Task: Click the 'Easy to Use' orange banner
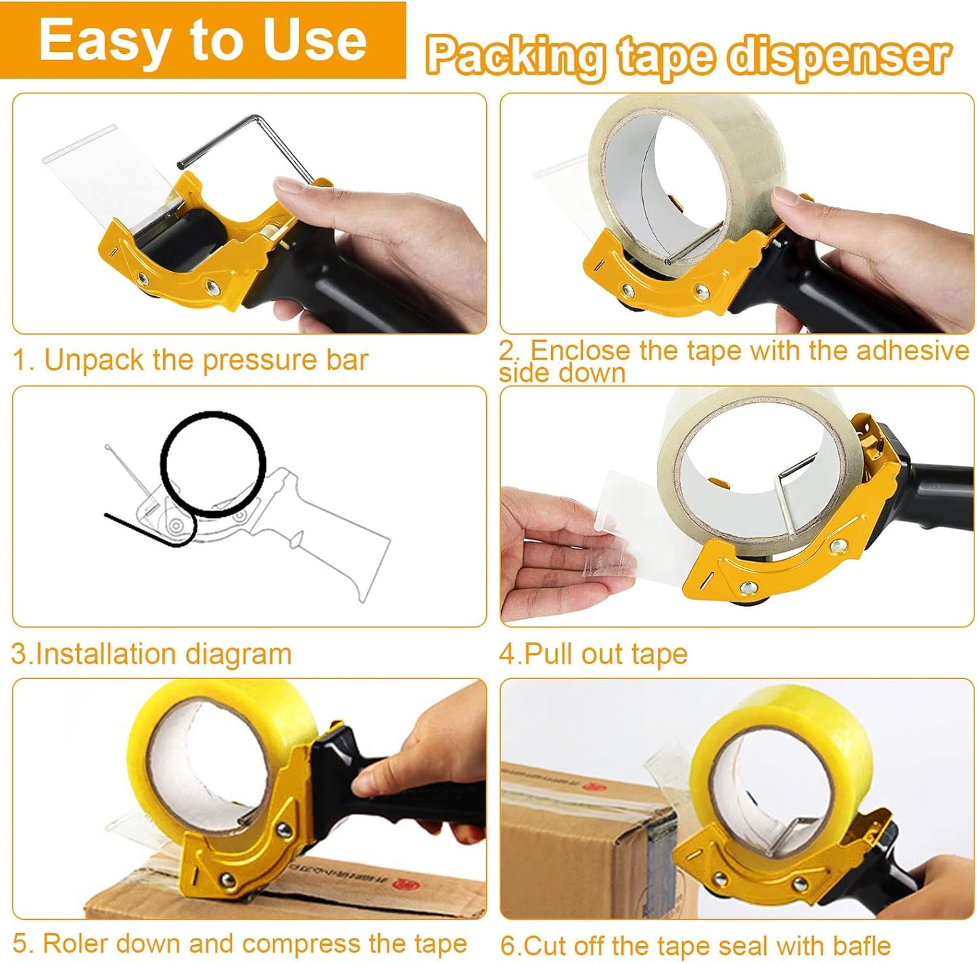pos(203,41)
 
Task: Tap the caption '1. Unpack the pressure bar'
pos(190,360)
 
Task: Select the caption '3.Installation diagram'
pos(151,654)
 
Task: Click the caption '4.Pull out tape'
pos(593,654)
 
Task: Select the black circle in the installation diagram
pos(212,464)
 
